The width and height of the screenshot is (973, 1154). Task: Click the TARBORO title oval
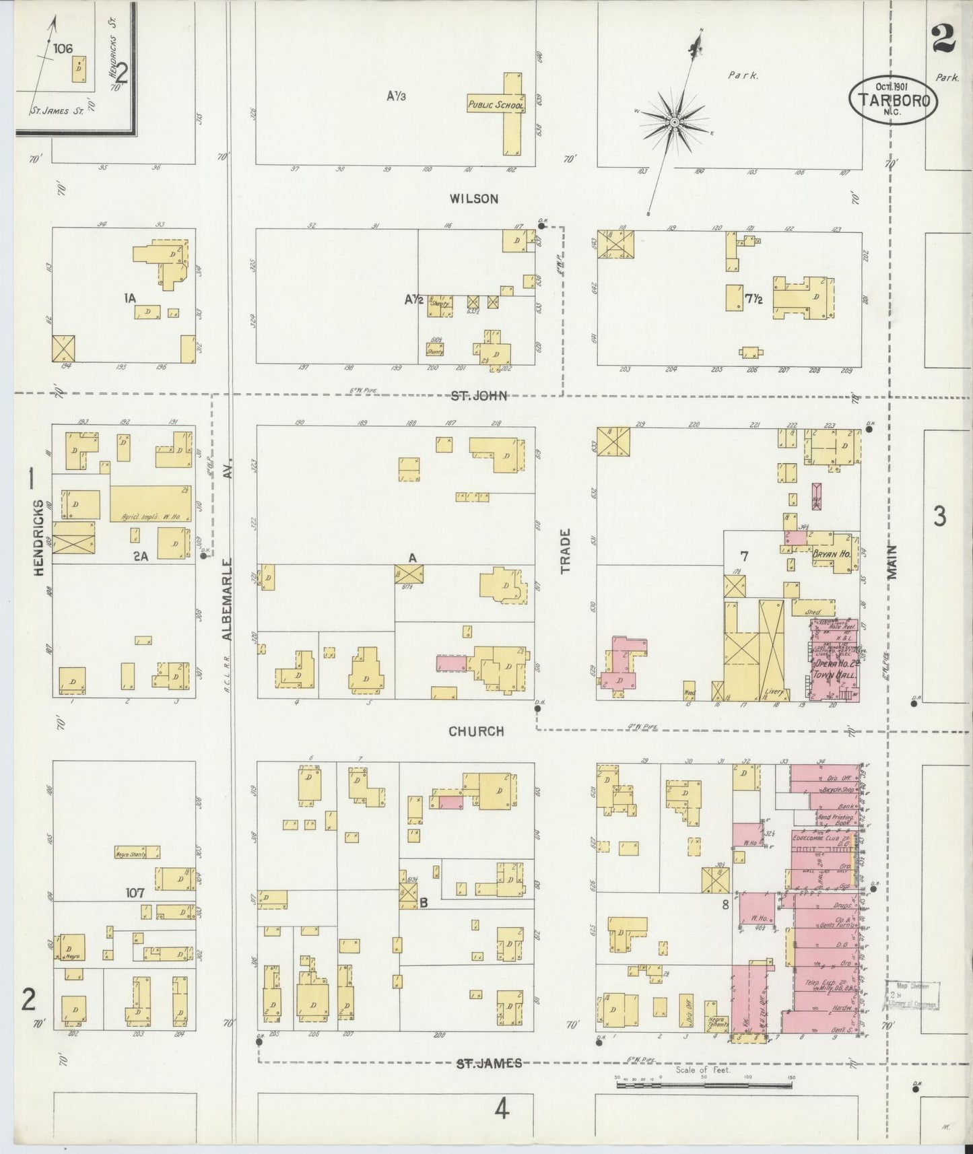tap(893, 100)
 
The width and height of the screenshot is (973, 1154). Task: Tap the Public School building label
tap(496, 105)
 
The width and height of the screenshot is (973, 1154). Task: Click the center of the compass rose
tap(673, 122)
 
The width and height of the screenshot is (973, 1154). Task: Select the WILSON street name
tap(474, 199)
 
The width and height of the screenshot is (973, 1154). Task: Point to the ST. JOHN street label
tap(479, 396)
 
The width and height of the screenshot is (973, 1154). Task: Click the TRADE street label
tap(565, 551)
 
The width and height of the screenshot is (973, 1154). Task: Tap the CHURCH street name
tap(477, 731)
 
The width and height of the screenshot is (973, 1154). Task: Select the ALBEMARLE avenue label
tap(227, 599)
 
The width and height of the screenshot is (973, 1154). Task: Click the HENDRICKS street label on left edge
tap(38, 537)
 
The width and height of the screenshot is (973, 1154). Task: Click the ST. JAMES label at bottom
tap(489, 1063)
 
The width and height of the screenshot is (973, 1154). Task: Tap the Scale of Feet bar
tap(704, 1086)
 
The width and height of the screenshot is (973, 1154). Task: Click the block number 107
tap(135, 893)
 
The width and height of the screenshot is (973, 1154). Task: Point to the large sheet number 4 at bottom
tap(501, 1108)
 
